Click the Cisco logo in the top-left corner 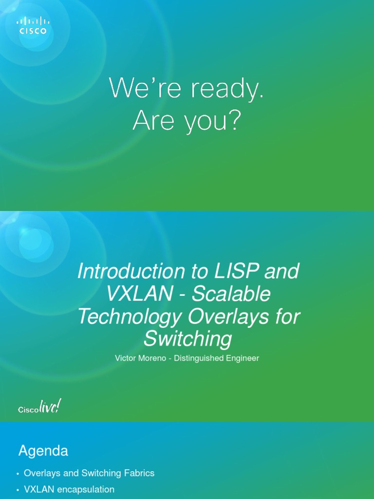click(32, 26)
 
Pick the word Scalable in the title click(231, 294)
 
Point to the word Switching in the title click(187, 339)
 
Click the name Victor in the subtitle click(126, 358)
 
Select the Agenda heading click(43, 451)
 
